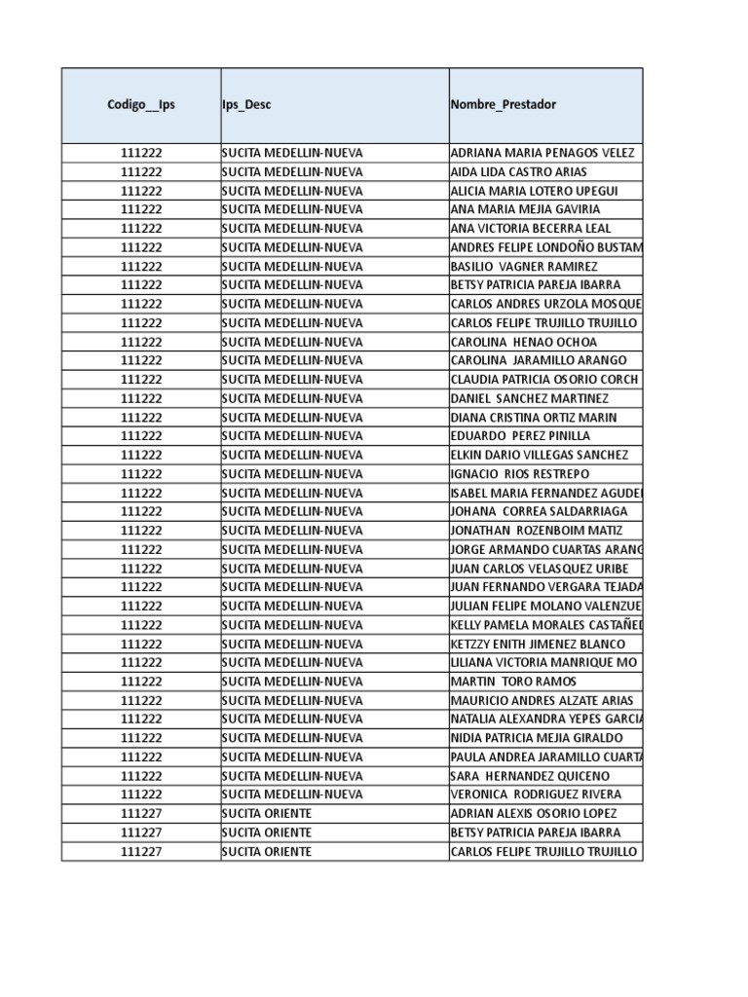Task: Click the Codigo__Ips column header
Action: tap(141, 105)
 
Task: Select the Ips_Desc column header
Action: tap(246, 105)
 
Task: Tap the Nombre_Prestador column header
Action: tap(504, 105)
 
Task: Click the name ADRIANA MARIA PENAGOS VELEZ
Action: tap(542, 153)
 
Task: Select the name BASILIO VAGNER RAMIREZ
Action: tap(524, 266)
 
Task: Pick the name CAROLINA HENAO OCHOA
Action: tap(524, 342)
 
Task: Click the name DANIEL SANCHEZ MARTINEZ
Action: tap(530, 398)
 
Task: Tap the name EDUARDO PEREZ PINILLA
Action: tap(520, 436)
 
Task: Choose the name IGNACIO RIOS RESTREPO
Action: tap(520, 474)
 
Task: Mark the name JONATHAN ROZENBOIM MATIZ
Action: tap(536, 531)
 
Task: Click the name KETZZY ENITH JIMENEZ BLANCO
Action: tap(539, 644)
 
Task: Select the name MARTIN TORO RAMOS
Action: tap(513, 682)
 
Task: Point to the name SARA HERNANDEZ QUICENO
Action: tap(530, 776)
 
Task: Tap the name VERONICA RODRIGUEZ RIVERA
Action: tap(536, 794)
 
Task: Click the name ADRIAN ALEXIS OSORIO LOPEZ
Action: tap(534, 814)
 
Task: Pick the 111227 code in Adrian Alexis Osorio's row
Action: tap(141, 814)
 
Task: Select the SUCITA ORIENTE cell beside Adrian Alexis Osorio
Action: tap(267, 814)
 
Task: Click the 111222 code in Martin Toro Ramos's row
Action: tap(141, 682)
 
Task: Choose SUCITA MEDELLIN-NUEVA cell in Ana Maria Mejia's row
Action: tap(292, 209)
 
